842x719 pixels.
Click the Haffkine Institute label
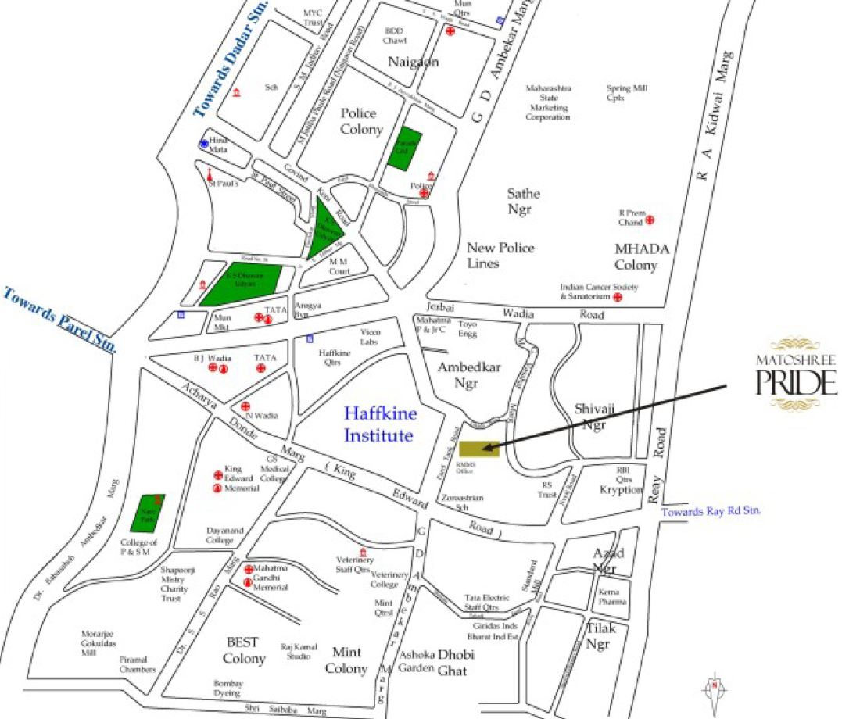point(378,423)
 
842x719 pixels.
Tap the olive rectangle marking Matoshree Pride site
point(478,449)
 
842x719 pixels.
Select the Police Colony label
point(361,121)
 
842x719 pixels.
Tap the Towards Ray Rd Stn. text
point(711,511)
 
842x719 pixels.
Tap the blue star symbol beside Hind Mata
point(204,144)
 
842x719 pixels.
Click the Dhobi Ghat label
point(456,662)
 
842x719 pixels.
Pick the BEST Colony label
point(243,650)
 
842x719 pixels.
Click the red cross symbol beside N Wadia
point(245,406)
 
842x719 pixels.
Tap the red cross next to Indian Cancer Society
point(617,298)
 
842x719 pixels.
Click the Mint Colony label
point(346,660)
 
